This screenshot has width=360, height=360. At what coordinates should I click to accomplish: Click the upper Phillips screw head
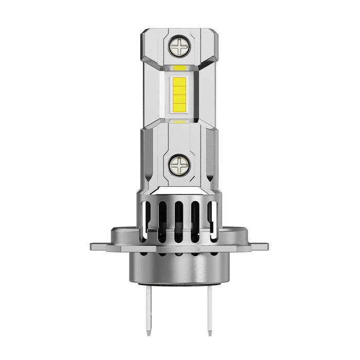[179, 46]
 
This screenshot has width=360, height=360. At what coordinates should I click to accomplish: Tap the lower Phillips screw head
[179, 165]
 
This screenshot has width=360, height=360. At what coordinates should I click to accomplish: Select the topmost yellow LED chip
[179, 81]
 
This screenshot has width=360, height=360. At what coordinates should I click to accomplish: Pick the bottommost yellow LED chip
[179, 107]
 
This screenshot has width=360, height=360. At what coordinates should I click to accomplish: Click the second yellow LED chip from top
[179, 90]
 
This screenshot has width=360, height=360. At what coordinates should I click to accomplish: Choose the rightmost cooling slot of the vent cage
[212, 219]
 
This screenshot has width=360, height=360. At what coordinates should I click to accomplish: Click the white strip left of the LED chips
[168, 94]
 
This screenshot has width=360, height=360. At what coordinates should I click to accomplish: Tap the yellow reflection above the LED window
[179, 68]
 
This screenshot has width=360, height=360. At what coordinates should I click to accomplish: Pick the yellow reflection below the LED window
[179, 121]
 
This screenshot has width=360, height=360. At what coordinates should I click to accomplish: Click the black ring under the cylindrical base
[179, 284]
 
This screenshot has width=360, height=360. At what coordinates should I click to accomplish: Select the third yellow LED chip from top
[179, 99]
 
